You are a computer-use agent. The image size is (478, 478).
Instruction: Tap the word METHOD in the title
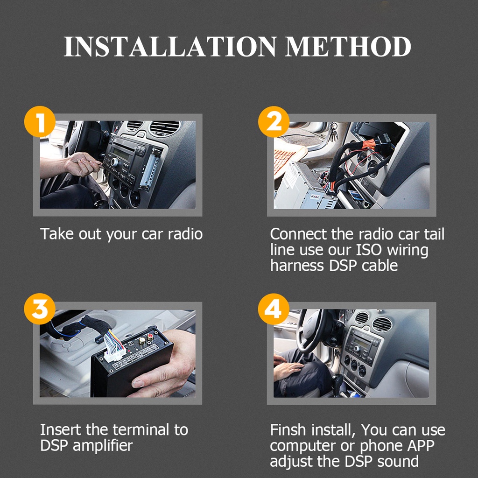pyautogui.click(x=348, y=47)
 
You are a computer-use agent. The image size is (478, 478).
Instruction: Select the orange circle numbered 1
pyautogui.click(x=40, y=121)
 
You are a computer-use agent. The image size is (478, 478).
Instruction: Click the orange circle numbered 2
pyautogui.click(x=274, y=122)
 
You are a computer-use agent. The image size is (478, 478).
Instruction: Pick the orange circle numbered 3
pyautogui.click(x=40, y=309)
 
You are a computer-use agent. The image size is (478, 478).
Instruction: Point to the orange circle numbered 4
pyautogui.click(x=274, y=309)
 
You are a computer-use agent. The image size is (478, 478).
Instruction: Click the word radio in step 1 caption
pyautogui.click(x=185, y=234)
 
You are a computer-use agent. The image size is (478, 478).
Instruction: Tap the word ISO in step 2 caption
pyautogui.click(x=369, y=250)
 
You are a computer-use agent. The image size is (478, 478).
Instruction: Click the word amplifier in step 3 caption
pyautogui.click(x=103, y=446)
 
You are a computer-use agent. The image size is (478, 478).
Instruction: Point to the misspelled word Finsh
pyautogui.click(x=288, y=430)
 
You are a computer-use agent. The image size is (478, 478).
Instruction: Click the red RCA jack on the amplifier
pyautogui.click(x=150, y=337)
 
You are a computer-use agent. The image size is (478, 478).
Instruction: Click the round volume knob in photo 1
pyautogui.click(x=115, y=162)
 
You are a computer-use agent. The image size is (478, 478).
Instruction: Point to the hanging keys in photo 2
pyautogui.click(x=333, y=132)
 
